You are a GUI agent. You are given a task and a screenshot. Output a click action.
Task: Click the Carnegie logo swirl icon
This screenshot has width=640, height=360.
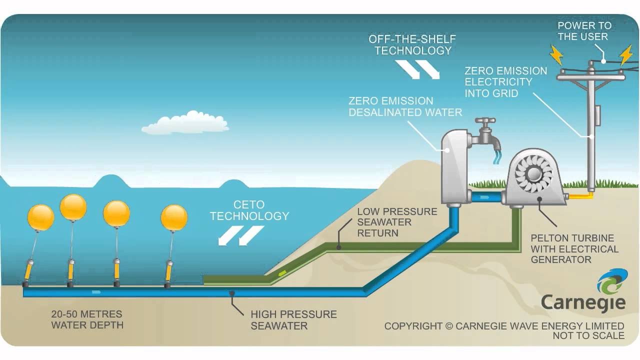tap(611, 282)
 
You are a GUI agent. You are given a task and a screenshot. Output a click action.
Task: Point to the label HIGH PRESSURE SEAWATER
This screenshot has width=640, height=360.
tap(293, 320)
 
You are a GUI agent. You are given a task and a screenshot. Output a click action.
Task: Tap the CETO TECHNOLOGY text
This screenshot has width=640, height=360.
tap(249, 210)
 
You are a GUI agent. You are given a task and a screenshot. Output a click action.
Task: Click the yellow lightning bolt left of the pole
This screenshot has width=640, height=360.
tap(556, 54)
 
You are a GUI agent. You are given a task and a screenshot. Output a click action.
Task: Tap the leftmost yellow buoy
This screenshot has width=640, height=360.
tap(40, 218)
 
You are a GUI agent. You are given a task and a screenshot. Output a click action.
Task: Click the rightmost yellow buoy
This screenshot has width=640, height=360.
tap(174, 218)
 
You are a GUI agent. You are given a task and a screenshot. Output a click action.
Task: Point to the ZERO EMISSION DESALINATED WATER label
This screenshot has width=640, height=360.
tap(405, 106)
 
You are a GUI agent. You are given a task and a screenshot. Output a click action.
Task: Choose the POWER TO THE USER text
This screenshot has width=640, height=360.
tap(584, 31)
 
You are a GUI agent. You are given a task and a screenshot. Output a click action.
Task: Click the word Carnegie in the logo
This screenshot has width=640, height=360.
tap(583, 302)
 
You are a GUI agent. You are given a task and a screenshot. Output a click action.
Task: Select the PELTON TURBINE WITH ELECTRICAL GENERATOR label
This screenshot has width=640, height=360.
tap(574, 248)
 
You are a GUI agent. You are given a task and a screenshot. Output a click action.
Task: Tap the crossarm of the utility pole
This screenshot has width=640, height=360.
tap(591, 75)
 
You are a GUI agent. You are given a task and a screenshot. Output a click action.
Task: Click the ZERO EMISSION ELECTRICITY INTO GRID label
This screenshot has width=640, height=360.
tap(505, 82)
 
